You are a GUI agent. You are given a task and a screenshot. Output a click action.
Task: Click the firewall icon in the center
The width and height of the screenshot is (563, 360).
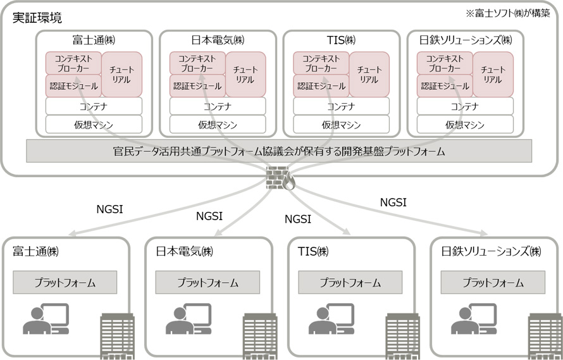[281, 179]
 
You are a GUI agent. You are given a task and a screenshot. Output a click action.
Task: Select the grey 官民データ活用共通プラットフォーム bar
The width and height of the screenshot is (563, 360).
[279, 151]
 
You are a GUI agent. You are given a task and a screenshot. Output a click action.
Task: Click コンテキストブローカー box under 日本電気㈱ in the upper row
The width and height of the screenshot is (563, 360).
[196, 63]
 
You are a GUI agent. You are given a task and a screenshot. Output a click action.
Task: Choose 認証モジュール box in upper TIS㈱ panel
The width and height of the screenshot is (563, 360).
[320, 85]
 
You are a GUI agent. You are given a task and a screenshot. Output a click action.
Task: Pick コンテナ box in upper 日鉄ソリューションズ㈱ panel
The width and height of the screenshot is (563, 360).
[465, 106]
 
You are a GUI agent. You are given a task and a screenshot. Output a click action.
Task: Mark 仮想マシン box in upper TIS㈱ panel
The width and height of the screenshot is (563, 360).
[341, 125]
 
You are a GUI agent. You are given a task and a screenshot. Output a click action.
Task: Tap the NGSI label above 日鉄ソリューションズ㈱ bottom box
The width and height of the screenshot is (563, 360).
[393, 202]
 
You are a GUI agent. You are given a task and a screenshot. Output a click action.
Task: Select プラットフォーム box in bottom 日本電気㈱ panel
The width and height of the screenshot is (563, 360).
[208, 282]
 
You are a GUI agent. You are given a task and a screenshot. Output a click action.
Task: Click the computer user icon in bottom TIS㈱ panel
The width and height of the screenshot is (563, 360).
[330, 319]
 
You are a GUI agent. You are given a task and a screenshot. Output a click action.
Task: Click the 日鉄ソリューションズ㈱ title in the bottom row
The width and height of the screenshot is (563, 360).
[491, 251]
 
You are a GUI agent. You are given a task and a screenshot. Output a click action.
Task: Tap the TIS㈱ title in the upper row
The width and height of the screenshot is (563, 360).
[341, 40]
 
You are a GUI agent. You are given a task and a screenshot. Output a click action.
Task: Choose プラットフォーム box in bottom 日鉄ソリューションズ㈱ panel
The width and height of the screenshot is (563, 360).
[493, 282]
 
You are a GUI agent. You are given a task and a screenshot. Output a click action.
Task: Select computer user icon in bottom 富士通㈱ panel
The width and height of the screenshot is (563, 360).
[46, 319]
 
